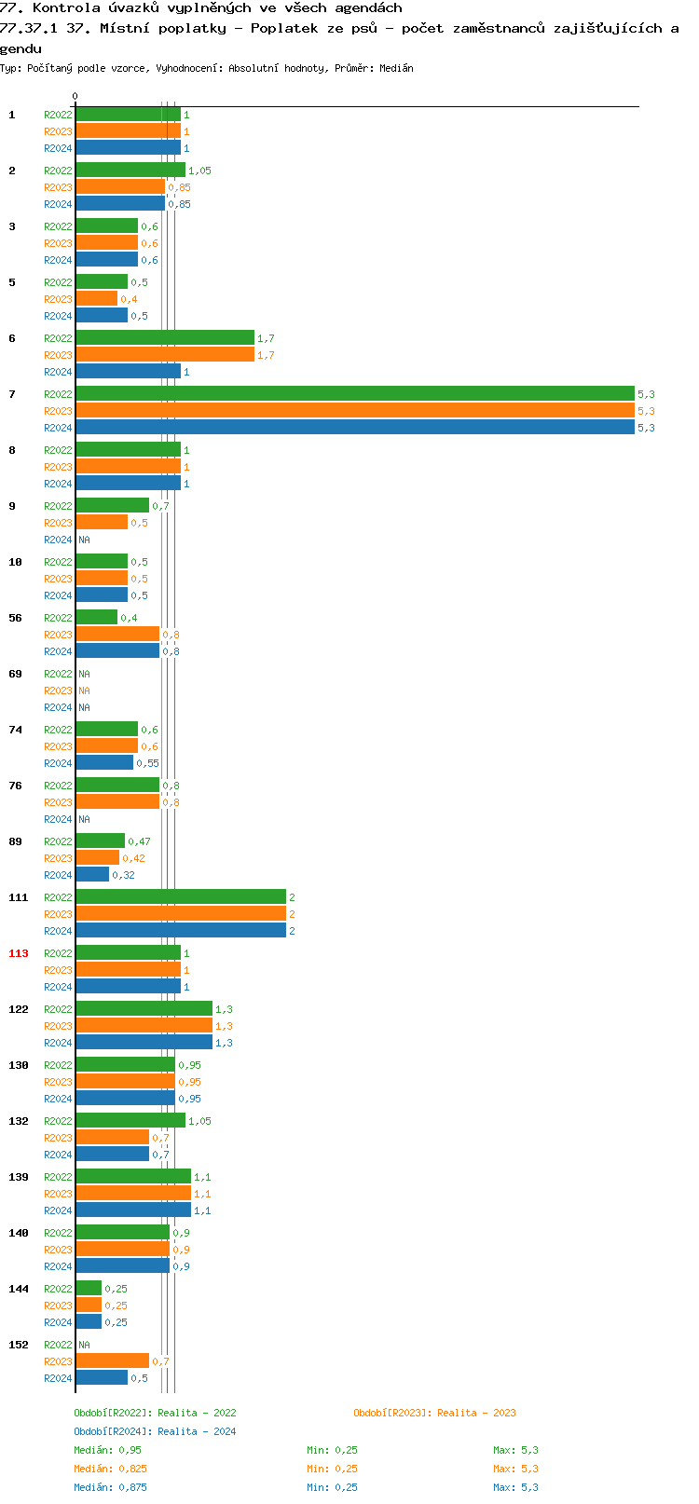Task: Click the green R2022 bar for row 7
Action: (354, 394)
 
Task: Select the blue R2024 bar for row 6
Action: (128, 372)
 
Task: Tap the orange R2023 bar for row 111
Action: (181, 914)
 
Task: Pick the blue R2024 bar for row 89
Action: (92, 875)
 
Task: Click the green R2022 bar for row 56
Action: (97, 618)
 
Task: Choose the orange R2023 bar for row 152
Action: (112, 1361)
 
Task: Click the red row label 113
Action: (19, 953)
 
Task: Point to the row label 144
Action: (19, 1289)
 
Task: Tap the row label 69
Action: (15, 674)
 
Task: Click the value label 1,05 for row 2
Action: (199, 171)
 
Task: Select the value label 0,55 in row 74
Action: (147, 763)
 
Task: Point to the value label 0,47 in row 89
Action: (139, 841)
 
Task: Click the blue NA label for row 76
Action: (84, 819)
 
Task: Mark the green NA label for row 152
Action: (84, 1345)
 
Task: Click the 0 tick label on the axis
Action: (75, 97)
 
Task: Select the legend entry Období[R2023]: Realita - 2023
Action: (434, 1413)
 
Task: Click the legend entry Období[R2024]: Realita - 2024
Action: (155, 1431)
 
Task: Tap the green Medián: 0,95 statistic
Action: (107, 1450)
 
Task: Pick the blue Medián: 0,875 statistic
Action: (110, 1487)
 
